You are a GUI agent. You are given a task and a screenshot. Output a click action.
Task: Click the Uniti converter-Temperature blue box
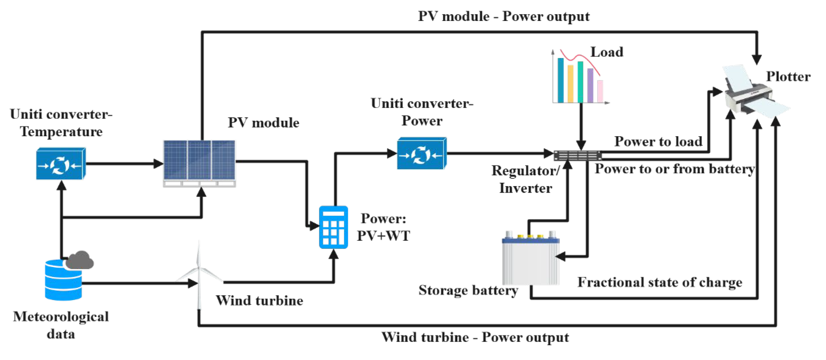pyautogui.click(x=61, y=164)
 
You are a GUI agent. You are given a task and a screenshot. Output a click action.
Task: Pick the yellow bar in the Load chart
pyautogui.click(x=570, y=83)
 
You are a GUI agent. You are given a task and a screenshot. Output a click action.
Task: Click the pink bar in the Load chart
pyautogui.click(x=600, y=91)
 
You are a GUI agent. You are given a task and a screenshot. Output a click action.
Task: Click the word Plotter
pyautogui.click(x=788, y=77)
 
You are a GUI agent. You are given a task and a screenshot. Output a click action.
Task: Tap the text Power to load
pyautogui.click(x=658, y=141)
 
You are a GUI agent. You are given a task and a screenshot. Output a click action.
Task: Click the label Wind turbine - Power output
pyautogui.click(x=475, y=337)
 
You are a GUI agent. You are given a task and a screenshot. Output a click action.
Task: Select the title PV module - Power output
pyautogui.click(x=504, y=16)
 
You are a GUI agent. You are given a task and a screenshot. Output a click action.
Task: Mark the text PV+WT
pyautogui.click(x=383, y=236)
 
